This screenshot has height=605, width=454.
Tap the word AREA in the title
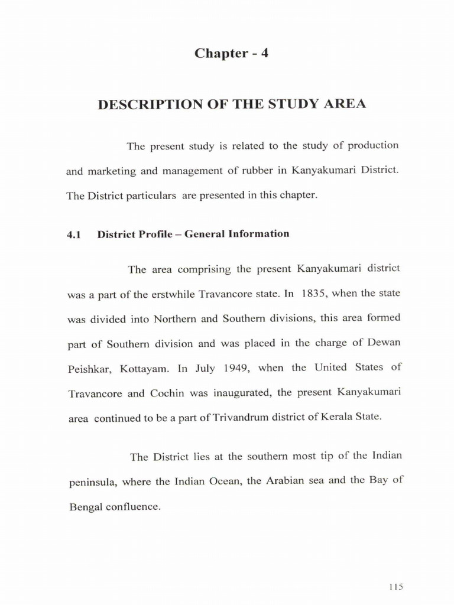tap(345, 105)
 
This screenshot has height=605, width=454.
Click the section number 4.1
tap(73, 235)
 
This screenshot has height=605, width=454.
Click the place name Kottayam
tap(145, 369)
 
